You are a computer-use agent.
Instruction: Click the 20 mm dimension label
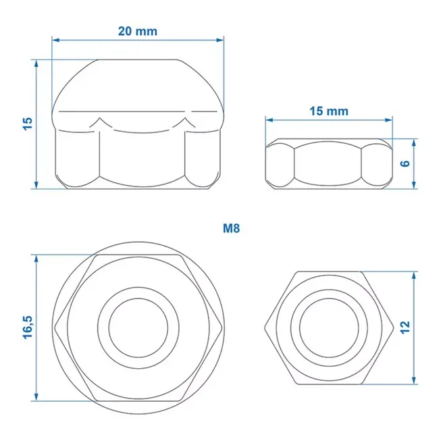pos(138,30)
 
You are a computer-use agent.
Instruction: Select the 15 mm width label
pos(329,111)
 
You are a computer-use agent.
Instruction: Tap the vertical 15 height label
pos(27,123)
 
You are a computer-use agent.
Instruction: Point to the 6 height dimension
pos(405,163)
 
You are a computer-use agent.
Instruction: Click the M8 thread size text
pos(232,228)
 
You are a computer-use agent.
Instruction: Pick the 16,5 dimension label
pos(27,327)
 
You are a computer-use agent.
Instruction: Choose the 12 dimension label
pos(405,327)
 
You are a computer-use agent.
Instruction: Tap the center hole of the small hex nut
pos(329,328)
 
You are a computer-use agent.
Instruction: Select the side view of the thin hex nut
pos(329,164)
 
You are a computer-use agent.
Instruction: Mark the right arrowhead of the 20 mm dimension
pos(221,40)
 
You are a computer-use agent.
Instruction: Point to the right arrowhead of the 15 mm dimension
pos(390,120)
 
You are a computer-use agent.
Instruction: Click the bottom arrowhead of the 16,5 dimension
pos(36,398)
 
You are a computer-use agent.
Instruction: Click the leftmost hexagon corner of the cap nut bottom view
pos(66,327)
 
